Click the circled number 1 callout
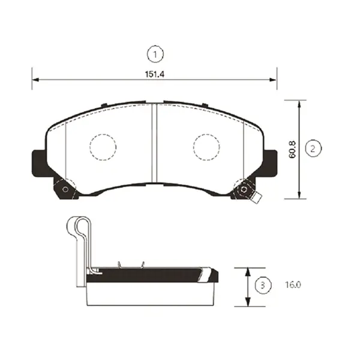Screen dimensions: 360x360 coord(155,55)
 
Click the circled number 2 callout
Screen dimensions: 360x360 coord(313,149)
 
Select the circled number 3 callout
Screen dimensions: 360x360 coord(263,285)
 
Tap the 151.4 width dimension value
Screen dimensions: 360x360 coord(155,74)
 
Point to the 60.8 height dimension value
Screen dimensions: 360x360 coord(293,149)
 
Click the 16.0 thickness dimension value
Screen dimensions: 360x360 coord(293,285)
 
